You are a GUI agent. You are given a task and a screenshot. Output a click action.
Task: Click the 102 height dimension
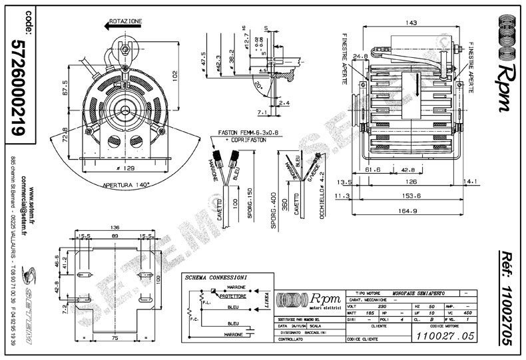pos(174,75)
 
